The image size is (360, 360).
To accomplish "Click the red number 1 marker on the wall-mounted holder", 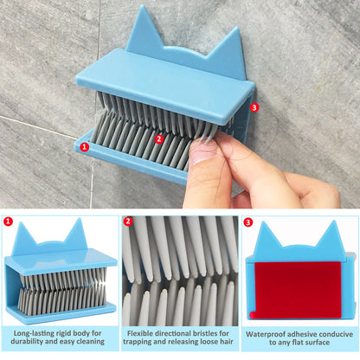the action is [84, 147].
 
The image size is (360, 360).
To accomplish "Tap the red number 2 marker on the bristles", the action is [158, 139].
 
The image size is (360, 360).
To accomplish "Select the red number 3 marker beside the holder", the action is [254, 107].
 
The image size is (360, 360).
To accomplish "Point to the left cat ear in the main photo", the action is [141, 29].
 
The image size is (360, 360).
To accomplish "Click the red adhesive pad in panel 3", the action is [298, 290].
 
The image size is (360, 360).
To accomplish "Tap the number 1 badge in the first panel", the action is [9, 222].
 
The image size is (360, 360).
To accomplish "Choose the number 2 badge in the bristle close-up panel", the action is [128, 222].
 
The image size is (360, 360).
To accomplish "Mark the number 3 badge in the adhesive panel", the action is [247, 222].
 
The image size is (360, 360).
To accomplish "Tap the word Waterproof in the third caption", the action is [265, 334].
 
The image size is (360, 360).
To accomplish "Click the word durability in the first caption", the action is [27, 342].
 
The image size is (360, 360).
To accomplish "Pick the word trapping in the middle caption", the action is [138, 342].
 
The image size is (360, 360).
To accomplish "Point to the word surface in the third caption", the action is [317, 343].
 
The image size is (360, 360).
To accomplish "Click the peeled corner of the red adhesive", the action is [253, 315].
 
